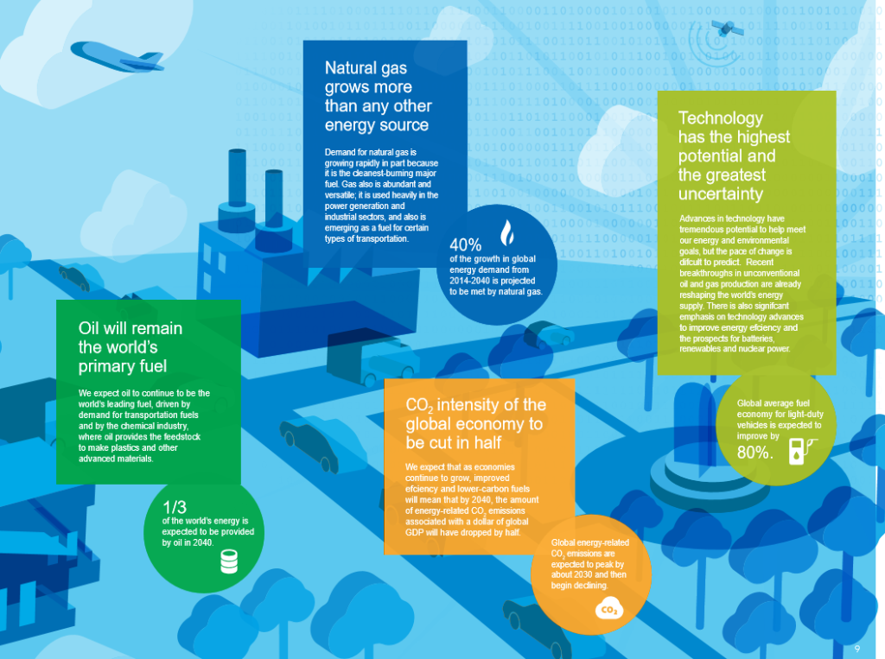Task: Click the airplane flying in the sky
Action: pos(117,57)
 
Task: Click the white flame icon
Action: pos(507,232)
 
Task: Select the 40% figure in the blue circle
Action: pos(466,245)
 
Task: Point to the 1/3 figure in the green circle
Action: pos(175,507)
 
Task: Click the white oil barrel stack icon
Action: pos(229,561)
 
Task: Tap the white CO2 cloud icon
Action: pos(609,610)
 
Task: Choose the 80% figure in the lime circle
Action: pos(754,452)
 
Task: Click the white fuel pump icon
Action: pos(801,451)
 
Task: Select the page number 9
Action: pos(857,649)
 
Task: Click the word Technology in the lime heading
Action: pos(721,118)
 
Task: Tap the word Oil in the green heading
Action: pos(89,328)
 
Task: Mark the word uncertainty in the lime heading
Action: pos(721,193)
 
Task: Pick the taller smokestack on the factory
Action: pos(237,178)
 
